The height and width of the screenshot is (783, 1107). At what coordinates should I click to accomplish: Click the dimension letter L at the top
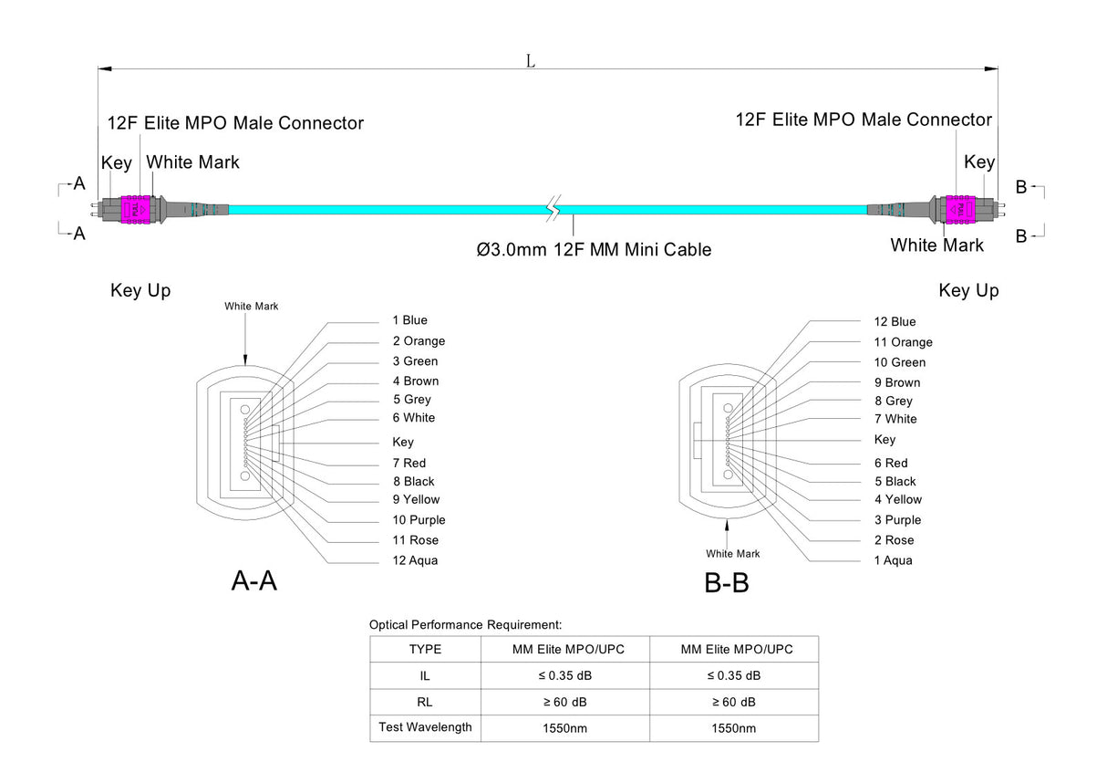(530, 61)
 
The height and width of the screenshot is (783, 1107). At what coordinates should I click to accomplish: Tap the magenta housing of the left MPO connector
(138, 208)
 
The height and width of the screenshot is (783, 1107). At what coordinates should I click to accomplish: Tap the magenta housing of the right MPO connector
(959, 209)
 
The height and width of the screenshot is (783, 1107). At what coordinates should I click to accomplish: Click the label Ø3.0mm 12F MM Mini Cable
(594, 249)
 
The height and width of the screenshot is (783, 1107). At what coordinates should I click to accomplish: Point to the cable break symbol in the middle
(553, 209)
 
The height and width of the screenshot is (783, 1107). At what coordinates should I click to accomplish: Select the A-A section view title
(253, 580)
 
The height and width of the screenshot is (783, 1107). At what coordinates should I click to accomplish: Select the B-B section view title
(727, 582)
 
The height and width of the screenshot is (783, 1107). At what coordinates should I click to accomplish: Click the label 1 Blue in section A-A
(409, 320)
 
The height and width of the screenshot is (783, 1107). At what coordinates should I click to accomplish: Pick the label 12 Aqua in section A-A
(415, 560)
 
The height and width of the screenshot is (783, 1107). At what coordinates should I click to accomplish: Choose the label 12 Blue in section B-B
(895, 321)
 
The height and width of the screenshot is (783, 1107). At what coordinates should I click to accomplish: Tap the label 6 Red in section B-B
(891, 463)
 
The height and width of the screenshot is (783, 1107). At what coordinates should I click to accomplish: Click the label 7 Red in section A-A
(409, 463)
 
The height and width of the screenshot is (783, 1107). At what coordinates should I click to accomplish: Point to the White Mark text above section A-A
(251, 307)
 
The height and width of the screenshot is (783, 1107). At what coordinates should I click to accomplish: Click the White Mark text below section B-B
(732, 554)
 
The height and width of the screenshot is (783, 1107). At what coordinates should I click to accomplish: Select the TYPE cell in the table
(425, 650)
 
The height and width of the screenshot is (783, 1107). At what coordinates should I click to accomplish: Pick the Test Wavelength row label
(425, 727)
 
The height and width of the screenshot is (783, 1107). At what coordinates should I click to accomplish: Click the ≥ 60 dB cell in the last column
(734, 702)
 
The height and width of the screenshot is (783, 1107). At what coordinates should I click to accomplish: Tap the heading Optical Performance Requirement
(465, 625)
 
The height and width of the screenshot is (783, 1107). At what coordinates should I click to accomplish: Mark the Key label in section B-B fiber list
(885, 440)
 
